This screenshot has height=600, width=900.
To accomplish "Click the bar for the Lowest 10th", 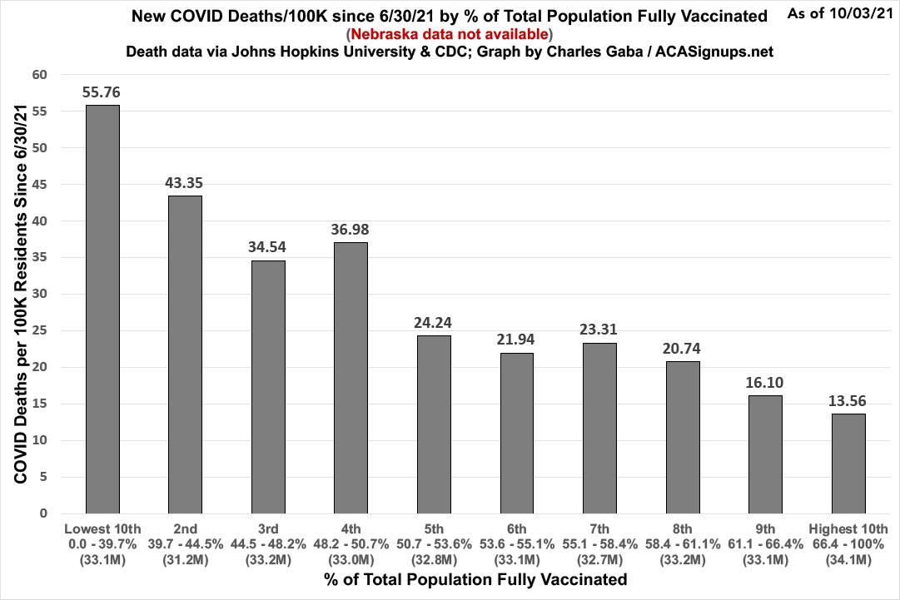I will (102, 309).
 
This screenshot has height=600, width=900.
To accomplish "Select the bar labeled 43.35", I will (185, 355).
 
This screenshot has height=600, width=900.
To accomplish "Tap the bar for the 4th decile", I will (351, 378).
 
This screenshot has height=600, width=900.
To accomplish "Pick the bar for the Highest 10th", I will (848, 464).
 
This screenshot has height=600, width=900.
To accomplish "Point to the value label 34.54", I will (268, 247).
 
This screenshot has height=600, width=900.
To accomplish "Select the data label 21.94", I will (516, 339).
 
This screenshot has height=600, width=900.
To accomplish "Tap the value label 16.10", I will (765, 382).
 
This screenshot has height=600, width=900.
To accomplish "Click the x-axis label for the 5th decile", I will (434, 528).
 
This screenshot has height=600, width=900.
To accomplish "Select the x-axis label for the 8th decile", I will (682, 528).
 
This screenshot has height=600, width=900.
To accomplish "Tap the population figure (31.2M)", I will (185, 560).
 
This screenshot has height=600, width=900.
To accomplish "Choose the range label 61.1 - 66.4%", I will (765, 544).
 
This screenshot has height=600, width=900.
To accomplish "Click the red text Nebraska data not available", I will (449, 34).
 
